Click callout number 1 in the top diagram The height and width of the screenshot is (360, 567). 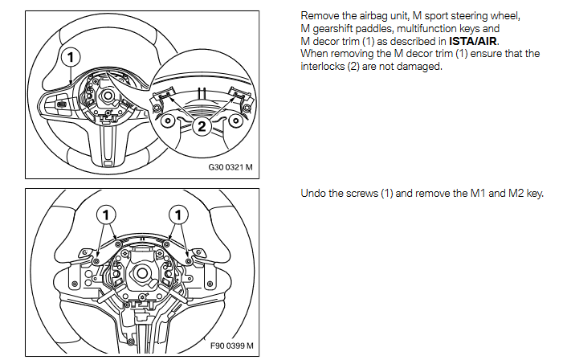click(71, 56)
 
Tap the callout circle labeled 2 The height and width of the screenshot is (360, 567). click(201, 125)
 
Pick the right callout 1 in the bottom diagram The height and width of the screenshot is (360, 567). click(179, 215)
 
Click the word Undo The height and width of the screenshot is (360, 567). click(312, 193)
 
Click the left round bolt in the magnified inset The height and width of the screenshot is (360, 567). click(169, 121)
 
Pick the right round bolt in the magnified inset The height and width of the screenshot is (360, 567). click(235, 121)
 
